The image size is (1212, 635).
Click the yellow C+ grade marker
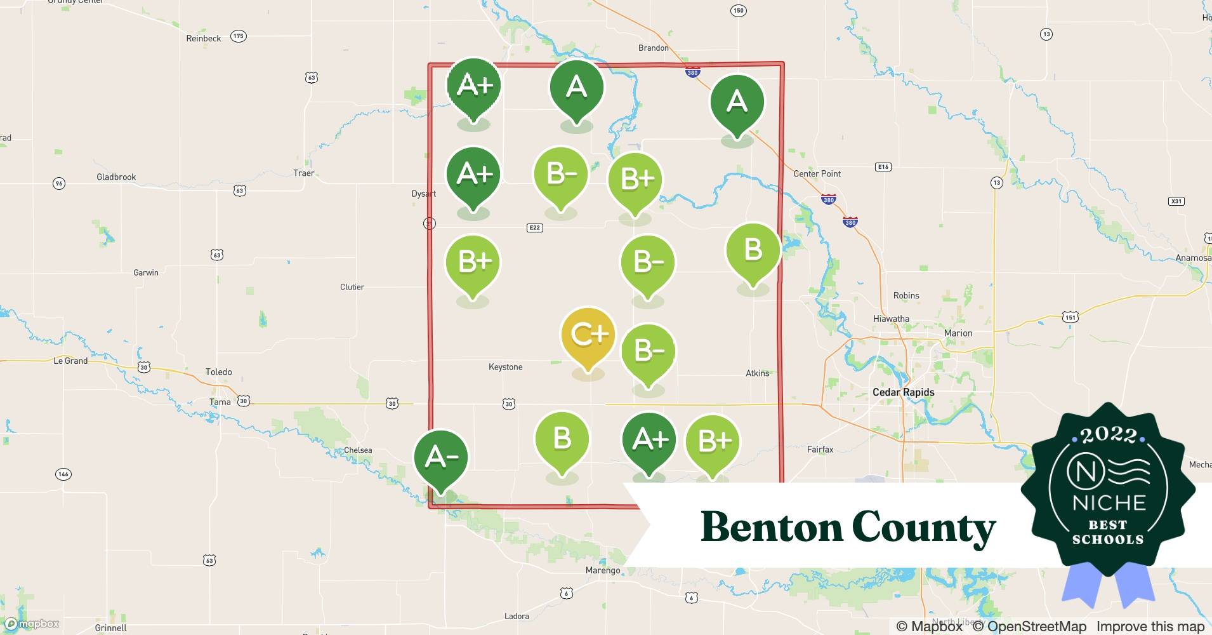click(588, 337)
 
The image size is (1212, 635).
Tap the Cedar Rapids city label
click(903, 392)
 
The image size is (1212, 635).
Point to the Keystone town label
click(506, 367)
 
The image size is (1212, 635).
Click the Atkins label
click(757, 373)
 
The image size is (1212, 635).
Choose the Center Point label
click(817, 174)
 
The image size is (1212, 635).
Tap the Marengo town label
click(603, 570)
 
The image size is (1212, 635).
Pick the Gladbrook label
click(116, 177)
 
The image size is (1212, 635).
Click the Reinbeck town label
click(204, 39)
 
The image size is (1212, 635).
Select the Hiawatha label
click(891, 319)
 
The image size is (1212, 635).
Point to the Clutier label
click(352, 287)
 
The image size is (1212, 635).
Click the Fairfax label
click(820, 450)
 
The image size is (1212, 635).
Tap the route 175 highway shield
click(238, 36)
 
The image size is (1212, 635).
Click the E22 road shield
click(534, 227)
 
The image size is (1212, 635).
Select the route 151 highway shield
click(1070, 317)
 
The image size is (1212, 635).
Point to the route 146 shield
click(63, 474)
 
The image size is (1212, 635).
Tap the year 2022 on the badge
click(1109, 435)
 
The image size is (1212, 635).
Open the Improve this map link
click(1150, 627)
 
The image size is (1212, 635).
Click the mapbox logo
click(32, 624)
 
